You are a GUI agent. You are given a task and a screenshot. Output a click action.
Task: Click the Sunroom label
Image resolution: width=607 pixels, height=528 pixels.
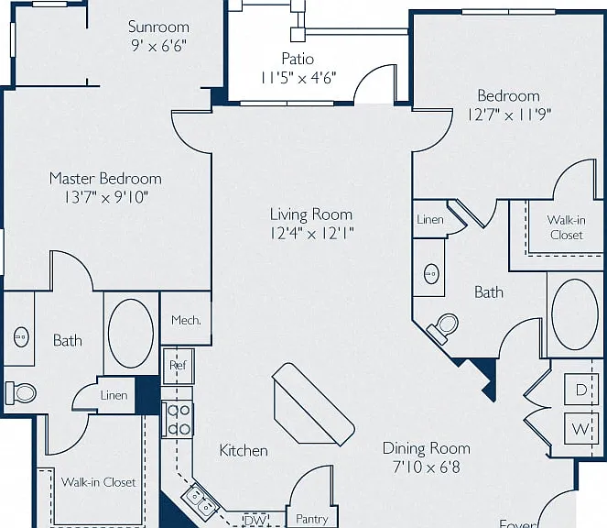[158, 27]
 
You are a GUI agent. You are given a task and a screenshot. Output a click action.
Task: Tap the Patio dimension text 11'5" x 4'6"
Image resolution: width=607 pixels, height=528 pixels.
[298, 78]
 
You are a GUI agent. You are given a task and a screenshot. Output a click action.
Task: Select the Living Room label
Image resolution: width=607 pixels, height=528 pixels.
[311, 214]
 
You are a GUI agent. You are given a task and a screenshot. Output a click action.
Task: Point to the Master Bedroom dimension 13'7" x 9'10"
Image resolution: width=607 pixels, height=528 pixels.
[105, 197]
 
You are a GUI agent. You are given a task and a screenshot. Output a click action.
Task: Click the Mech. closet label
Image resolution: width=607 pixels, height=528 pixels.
[186, 320]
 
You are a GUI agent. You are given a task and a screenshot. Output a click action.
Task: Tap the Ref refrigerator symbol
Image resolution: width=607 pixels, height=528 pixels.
[179, 366]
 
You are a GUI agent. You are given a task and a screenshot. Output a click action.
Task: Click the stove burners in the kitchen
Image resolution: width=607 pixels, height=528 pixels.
[178, 420]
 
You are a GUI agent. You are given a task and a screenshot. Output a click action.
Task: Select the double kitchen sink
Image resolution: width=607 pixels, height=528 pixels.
[201, 500]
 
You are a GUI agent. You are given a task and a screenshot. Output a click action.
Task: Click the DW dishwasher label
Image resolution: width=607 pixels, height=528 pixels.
[255, 520]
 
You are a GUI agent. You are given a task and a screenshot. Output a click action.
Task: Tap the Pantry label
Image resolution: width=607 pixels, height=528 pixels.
[311, 519]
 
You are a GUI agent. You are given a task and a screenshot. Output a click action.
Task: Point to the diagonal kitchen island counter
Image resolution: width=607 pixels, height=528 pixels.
[313, 404]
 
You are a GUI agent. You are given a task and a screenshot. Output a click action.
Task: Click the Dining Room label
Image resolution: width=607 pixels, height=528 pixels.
[427, 448]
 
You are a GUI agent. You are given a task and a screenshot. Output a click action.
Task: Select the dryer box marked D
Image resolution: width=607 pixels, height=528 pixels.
[581, 390]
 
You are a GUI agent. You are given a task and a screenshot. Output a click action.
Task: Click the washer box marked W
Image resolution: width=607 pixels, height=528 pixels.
[581, 428]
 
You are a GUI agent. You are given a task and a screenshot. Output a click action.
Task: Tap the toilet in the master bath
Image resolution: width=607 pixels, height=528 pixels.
[21, 393]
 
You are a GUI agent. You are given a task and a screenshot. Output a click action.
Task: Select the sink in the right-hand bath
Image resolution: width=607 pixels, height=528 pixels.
[431, 274]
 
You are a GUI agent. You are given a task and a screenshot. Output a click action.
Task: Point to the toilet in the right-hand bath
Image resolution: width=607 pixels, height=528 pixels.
[443, 327]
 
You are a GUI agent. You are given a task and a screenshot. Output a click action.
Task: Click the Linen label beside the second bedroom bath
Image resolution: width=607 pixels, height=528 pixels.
[430, 220]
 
